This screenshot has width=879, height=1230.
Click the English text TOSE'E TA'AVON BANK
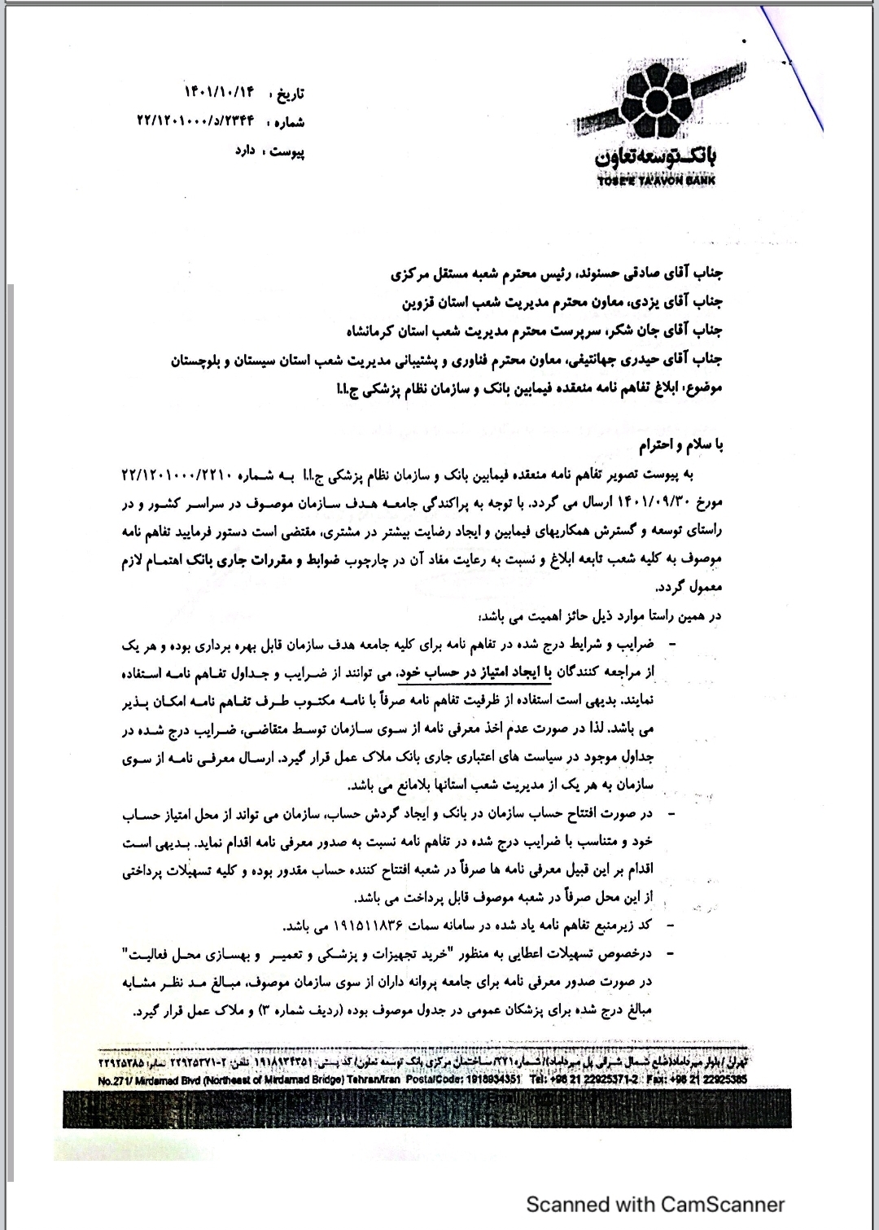coord(655,180)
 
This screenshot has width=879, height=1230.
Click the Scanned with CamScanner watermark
coord(654,1204)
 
